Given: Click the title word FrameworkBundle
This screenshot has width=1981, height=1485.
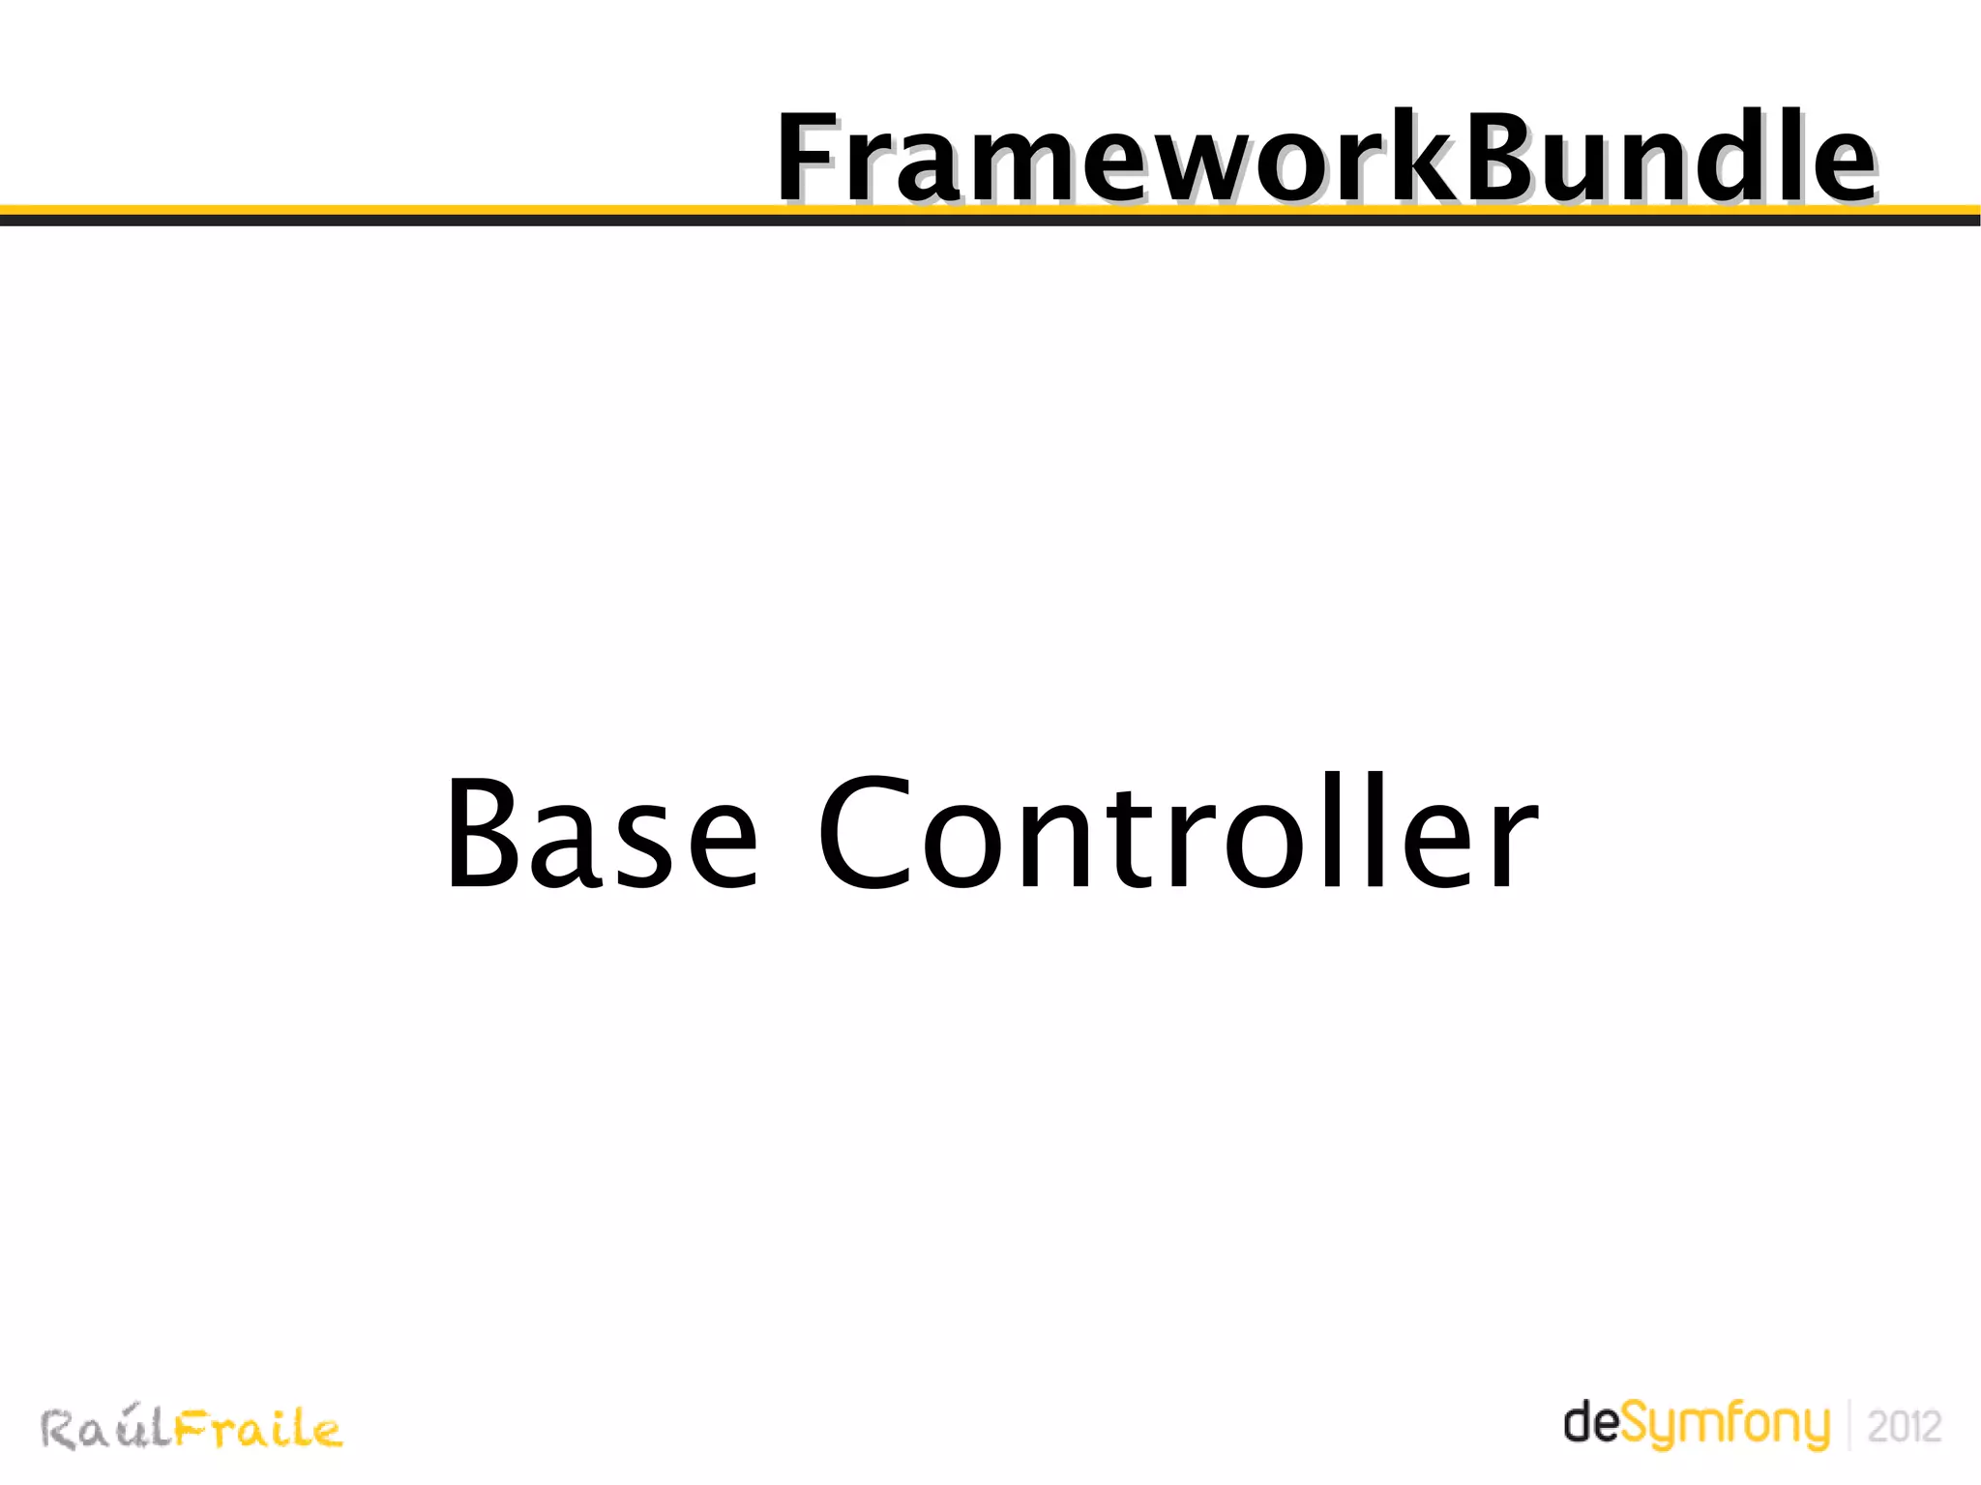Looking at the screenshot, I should click(1325, 157).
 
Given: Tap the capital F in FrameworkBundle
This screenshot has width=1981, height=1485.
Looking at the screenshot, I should click(811, 157).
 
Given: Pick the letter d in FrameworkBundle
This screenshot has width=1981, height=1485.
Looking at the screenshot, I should click(1723, 157).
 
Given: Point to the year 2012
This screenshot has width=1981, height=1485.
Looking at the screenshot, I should click(1904, 1426).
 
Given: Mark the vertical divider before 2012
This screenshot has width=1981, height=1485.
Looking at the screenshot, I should click(1849, 1424).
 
